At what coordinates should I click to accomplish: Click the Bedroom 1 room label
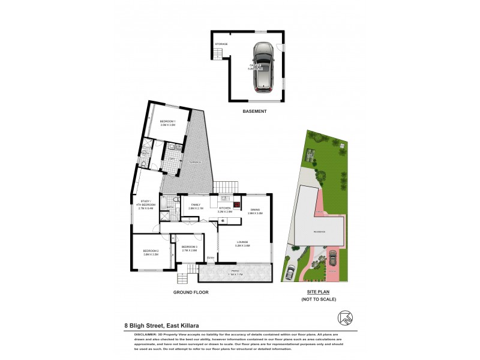click(167, 123)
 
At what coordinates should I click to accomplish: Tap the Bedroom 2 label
click(151, 252)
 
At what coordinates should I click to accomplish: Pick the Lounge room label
click(242, 243)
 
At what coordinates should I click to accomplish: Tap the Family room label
click(196, 206)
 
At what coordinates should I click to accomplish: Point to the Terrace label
click(193, 163)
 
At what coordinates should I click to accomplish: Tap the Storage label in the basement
click(221, 44)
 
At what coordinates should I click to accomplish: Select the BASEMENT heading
click(254, 112)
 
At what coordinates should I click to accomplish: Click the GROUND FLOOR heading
click(191, 292)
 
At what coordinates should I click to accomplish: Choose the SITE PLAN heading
click(319, 292)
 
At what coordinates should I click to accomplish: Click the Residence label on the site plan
click(319, 230)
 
